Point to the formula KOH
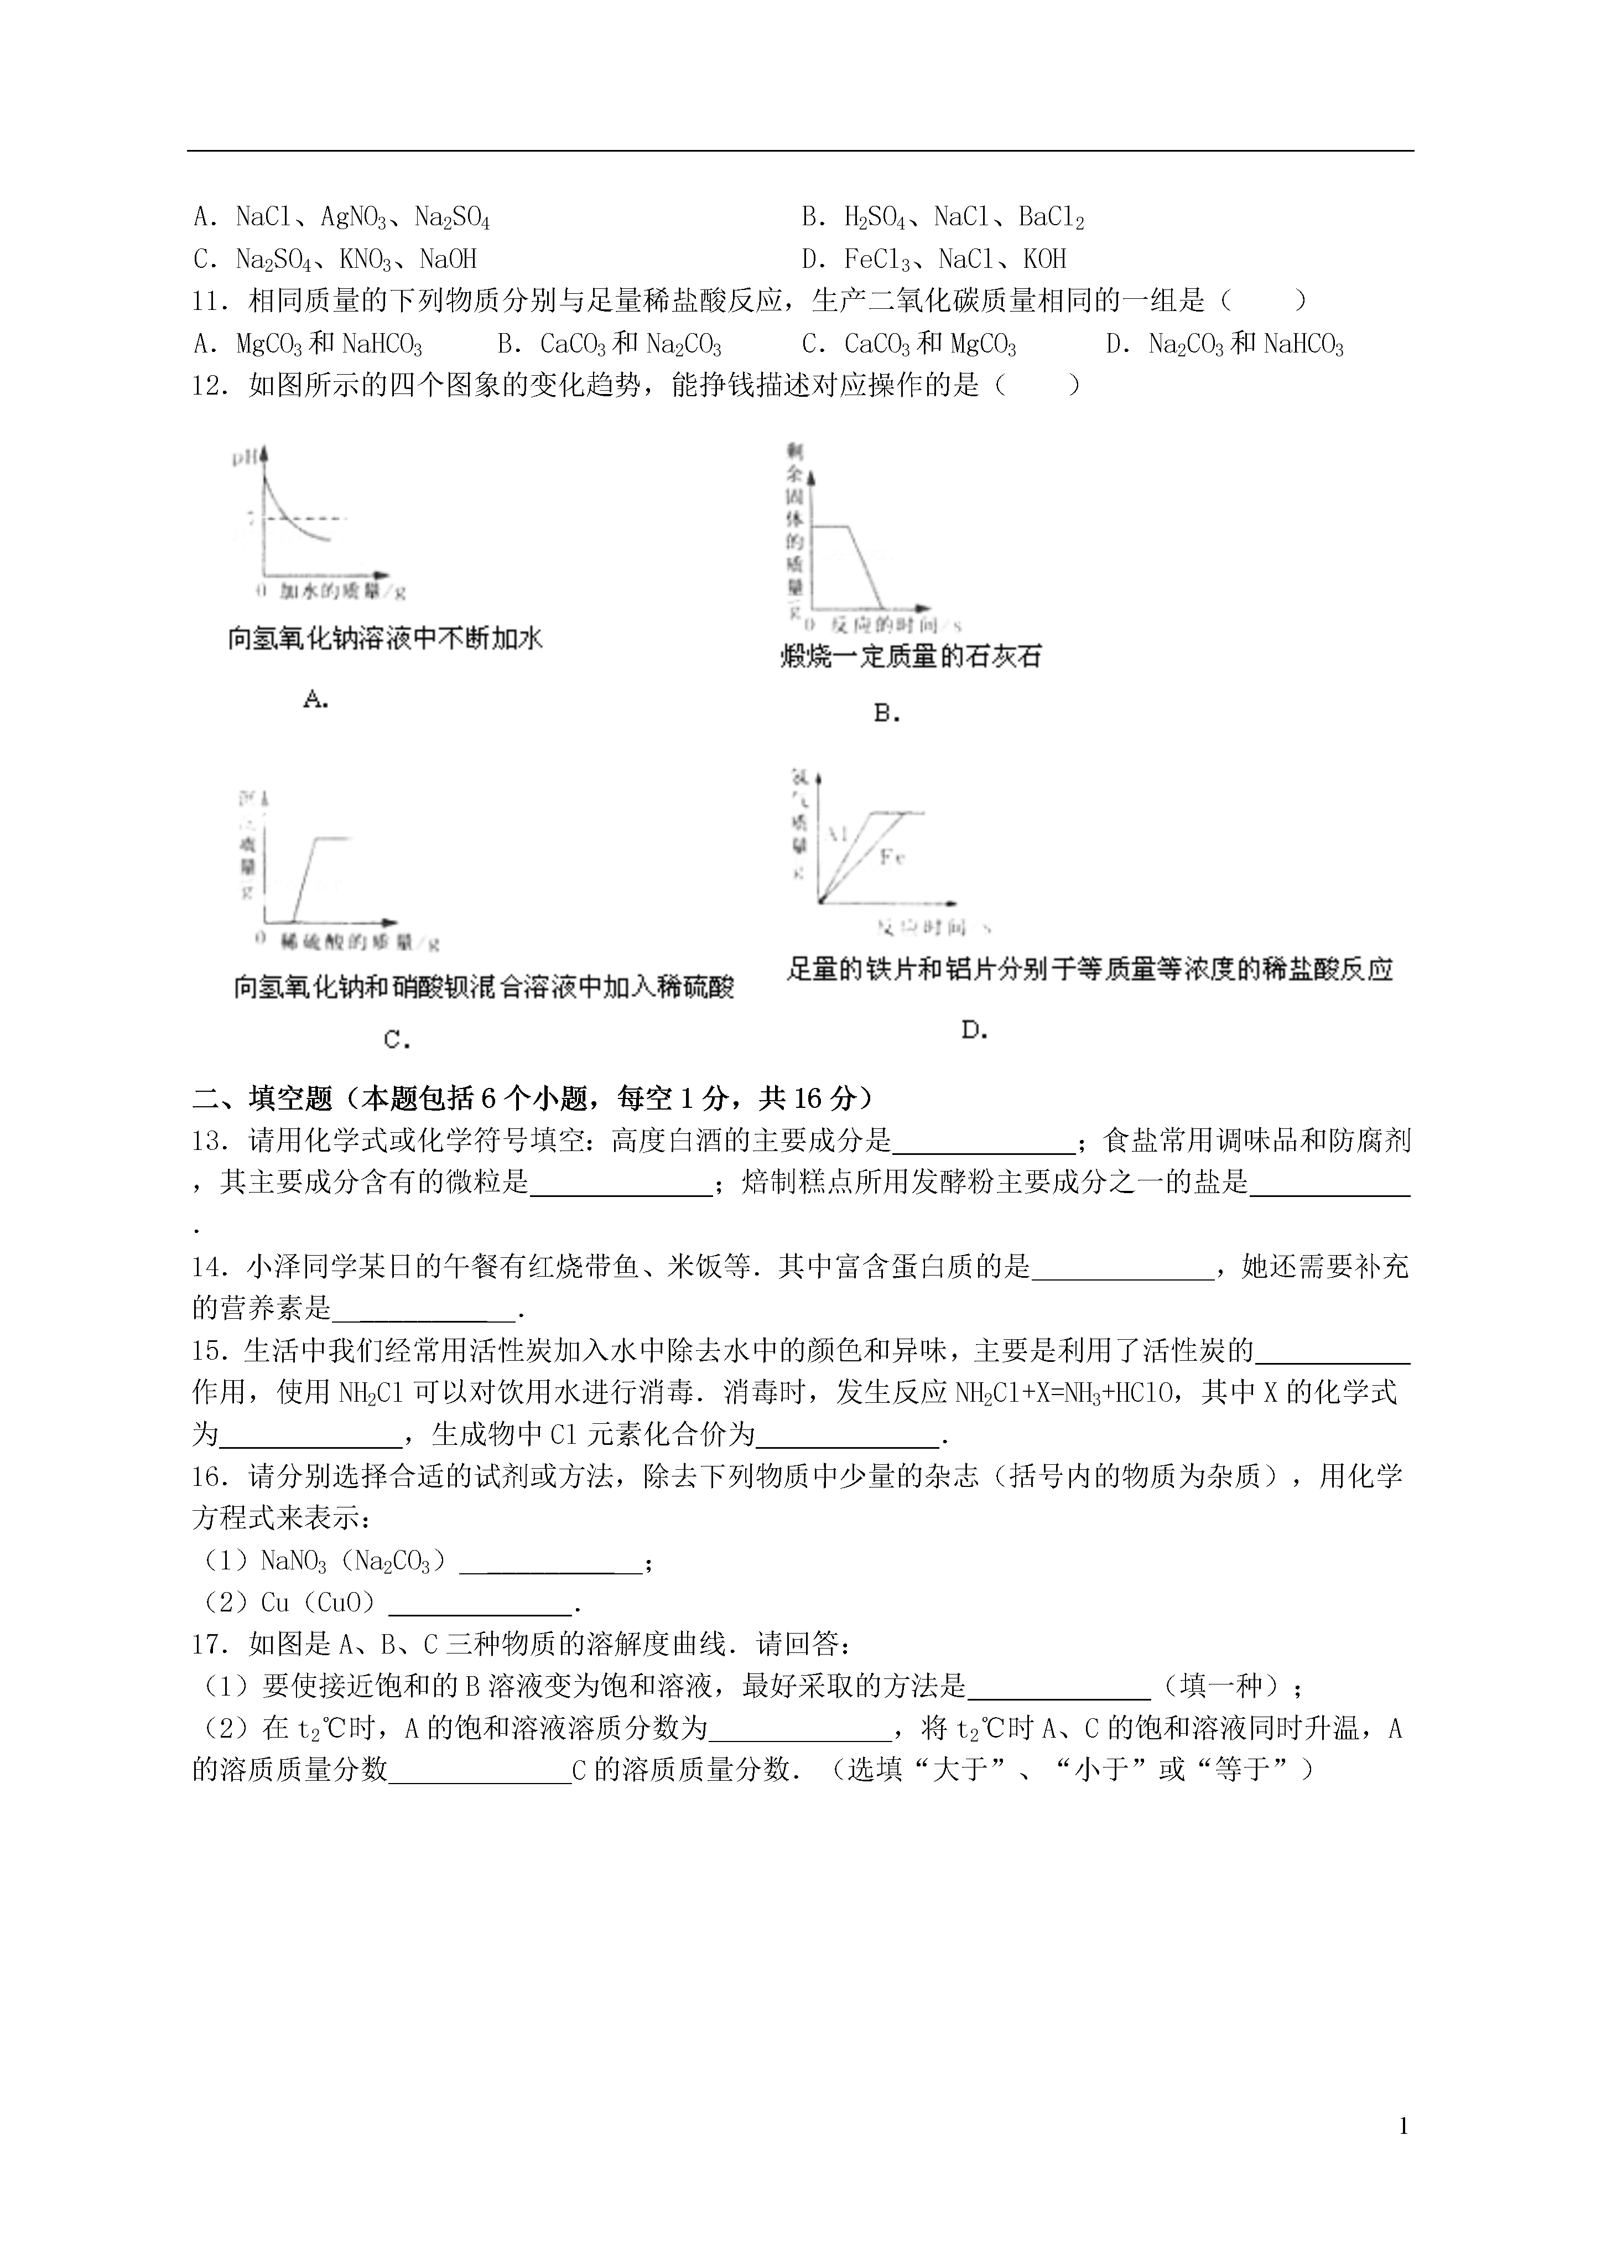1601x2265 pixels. point(1044,260)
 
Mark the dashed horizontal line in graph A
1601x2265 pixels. point(306,517)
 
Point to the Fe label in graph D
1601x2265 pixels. point(892,856)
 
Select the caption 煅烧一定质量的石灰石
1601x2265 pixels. point(909,656)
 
